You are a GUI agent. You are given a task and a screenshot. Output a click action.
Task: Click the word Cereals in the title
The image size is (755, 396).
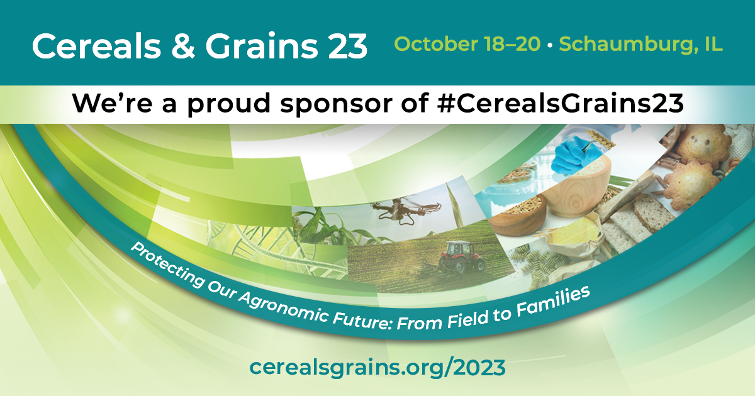tap(96, 46)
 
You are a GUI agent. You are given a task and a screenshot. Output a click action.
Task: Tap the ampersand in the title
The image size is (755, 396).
tap(183, 46)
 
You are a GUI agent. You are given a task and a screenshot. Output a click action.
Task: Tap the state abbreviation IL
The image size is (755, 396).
tap(713, 44)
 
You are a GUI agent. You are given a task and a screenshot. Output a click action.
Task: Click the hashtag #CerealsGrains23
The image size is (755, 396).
tap(560, 102)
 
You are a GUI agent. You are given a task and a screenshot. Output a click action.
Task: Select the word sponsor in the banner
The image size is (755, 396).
tap(338, 104)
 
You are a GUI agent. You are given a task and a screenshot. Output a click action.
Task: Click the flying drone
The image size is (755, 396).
tap(405, 211)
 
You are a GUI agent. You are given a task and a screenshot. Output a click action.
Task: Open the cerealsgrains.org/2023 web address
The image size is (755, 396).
tap(377, 367)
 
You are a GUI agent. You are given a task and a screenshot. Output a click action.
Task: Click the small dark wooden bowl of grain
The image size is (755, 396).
tap(517, 216)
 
